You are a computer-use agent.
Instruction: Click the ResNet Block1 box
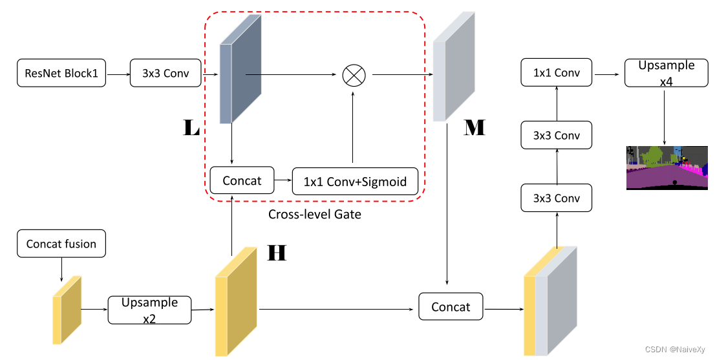coord(61,74)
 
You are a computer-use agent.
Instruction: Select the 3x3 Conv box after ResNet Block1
coord(166,74)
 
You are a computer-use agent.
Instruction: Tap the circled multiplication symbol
coord(354,75)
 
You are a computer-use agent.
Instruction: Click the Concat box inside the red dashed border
coord(242,181)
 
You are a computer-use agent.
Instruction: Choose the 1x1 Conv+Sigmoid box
coord(356,182)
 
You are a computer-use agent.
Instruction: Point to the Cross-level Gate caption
coord(314,214)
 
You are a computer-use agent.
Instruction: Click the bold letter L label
coord(191,128)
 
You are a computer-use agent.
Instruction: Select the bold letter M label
coord(475,127)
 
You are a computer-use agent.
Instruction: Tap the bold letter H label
coord(277,253)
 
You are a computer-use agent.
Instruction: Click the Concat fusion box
coord(61,244)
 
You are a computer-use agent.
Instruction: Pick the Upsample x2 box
coord(149,310)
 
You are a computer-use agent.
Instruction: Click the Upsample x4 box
coord(666,73)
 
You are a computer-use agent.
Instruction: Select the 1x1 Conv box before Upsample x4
coord(557,73)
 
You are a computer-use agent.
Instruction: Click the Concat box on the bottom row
coord(451,307)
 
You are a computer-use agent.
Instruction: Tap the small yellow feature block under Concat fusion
coord(67,310)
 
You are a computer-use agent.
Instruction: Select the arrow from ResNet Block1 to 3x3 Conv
coord(118,74)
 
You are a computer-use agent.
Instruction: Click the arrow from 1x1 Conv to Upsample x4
coord(608,74)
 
